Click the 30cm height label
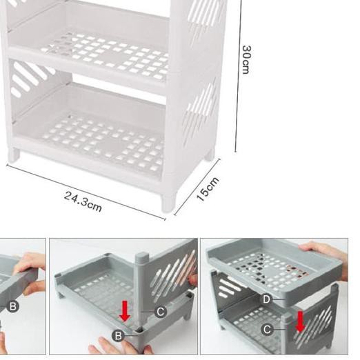tap(246, 59)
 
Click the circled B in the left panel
tap(12, 306)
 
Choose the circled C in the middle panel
tap(160, 312)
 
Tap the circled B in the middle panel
tap(119, 336)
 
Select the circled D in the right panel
tap(267, 300)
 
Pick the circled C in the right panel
tap(267, 330)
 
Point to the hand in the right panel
tap(324, 250)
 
